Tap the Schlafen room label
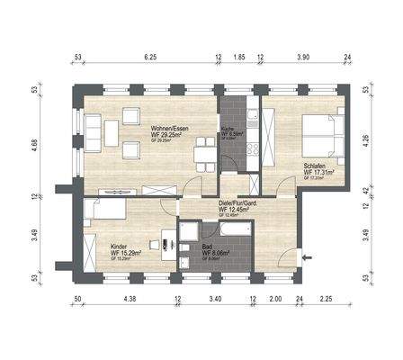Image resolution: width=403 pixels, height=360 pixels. [315, 166]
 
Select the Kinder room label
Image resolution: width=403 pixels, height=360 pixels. [119, 247]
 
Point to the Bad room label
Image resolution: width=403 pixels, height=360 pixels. [207, 247]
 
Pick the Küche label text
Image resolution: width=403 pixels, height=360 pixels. [228, 130]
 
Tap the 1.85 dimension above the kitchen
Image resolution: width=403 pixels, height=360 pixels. [238, 58]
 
